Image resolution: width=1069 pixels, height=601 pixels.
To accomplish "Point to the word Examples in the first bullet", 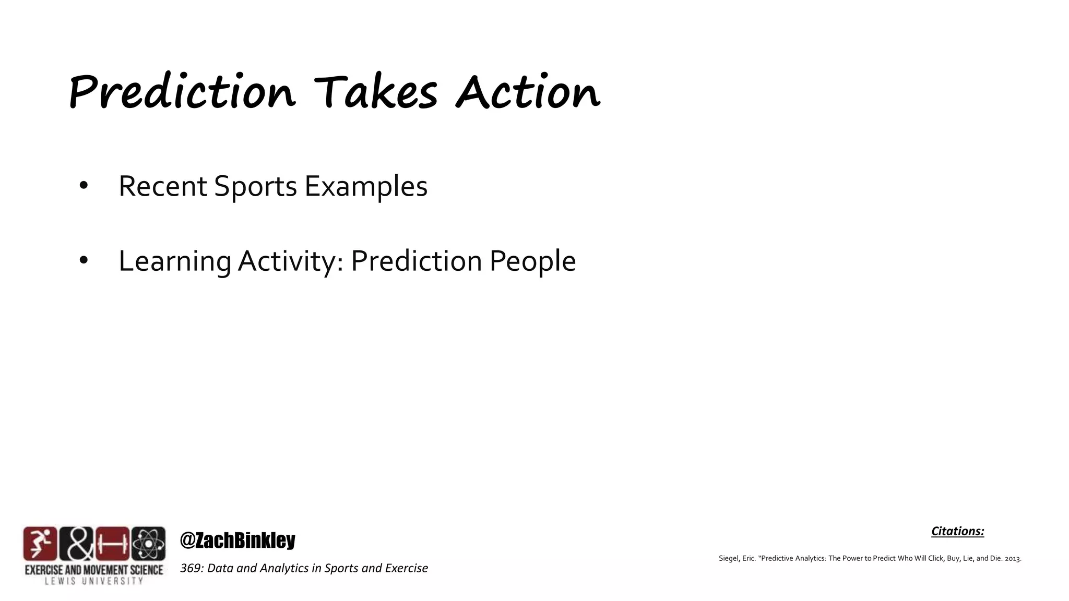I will tap(366, 186).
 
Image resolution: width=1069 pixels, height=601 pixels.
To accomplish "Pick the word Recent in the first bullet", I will tap(163, 186).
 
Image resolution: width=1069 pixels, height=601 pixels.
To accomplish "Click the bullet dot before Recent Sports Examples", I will tap(84, 186).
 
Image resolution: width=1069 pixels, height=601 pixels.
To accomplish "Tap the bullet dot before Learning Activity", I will tap(84, 261).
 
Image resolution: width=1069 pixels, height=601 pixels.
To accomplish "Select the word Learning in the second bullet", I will tap(174, 261).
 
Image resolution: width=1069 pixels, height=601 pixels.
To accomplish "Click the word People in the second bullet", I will tap(532, 261).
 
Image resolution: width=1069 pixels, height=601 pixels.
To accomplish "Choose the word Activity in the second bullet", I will tap(290, 261).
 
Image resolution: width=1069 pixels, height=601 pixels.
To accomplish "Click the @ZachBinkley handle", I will tap(237, 540).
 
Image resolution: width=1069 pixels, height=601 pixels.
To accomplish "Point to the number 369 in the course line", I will tap(191, 568).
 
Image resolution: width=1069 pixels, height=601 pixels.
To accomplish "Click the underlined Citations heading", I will tap(957, 531).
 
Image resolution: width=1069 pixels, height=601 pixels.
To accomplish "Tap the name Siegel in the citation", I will tap(729, 558).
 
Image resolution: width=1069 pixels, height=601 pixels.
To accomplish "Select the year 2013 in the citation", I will tap(1012, 559).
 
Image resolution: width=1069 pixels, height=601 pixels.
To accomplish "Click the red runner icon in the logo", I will tap(40, 544).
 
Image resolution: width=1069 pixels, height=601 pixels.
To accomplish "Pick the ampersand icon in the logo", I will tap(76, 544).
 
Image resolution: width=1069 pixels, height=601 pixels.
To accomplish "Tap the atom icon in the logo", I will tap(149, 544).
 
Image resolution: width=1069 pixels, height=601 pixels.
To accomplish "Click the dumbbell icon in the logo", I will tap(112, 544).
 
